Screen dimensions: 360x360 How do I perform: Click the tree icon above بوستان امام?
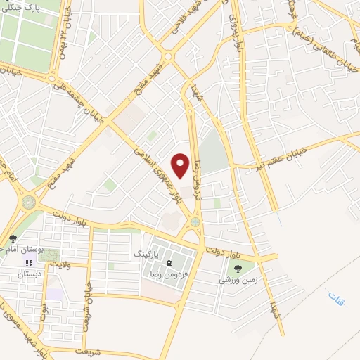12,239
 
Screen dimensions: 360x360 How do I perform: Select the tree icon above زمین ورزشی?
237,268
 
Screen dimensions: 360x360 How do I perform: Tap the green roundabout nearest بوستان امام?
29,202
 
